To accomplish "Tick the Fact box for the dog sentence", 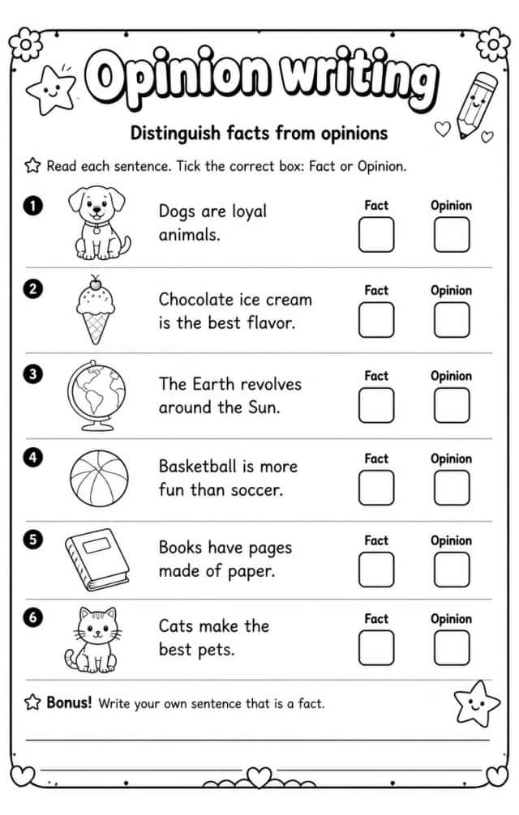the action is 376,234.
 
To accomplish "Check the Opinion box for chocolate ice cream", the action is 452,320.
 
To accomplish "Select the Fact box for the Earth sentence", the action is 376,405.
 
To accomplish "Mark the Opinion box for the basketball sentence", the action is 452,488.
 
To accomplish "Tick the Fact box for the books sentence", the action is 376,570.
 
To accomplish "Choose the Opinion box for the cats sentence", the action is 452,647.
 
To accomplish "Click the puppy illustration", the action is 99,223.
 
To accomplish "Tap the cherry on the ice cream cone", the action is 95,284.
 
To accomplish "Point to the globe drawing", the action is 97,395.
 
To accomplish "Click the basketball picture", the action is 99,478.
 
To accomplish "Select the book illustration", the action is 97,559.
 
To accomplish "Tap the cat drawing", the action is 93,640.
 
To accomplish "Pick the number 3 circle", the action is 32,373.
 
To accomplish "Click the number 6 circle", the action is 32,617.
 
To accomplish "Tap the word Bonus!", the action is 69,702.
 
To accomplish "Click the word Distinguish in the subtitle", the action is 175,134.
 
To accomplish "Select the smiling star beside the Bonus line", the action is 476,704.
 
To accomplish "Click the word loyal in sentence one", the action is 249,212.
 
